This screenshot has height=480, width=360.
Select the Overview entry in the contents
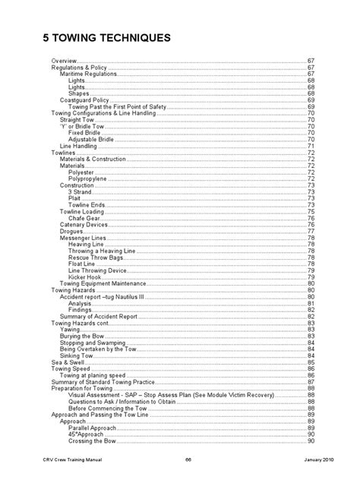64,60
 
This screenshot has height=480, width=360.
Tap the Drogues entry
71,231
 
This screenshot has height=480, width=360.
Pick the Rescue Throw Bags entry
93,257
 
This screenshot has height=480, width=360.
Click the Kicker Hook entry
84,277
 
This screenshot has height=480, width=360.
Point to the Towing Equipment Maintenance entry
101,283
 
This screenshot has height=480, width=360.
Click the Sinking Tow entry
78,355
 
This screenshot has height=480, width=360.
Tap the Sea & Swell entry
66,362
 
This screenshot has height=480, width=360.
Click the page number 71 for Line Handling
311,146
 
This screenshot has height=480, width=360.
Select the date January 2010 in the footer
295,460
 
